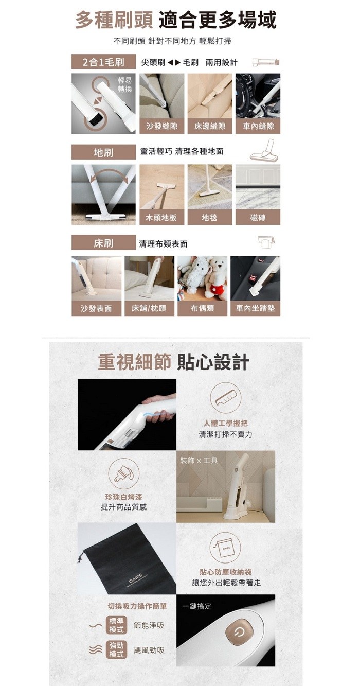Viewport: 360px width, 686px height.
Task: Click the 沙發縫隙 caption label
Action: click(x=161, y=126)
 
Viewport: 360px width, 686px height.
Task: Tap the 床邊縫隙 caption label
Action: click(x=210, y=126)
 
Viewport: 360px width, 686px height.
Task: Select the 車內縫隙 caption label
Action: click(x=258, y=126)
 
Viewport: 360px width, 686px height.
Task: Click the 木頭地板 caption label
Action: click(x=161, y=218)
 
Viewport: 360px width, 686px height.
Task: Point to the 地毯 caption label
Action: click(x=210, y=218)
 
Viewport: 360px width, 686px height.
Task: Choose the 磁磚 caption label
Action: click(x=258, y=218)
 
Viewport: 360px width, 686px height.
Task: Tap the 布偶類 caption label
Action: click(x=202, y=308)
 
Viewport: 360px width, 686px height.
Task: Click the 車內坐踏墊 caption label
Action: click(x=255, y=308)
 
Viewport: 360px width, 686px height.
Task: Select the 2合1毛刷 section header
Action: click(x=103, y=62)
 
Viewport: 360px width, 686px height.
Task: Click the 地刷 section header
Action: click(x=103, y=152)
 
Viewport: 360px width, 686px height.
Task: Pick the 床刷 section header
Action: click(x=103, y=243)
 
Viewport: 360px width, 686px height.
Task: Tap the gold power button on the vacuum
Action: click(x=239, y=631)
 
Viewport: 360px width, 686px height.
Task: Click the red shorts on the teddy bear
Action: click(x=218, y=288)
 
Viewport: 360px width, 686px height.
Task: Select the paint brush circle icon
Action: click(x=123, y=474)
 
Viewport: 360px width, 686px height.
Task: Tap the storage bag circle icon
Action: click(x=226, y=548)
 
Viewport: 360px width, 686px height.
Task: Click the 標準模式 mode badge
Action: click(x=116, y=625)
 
